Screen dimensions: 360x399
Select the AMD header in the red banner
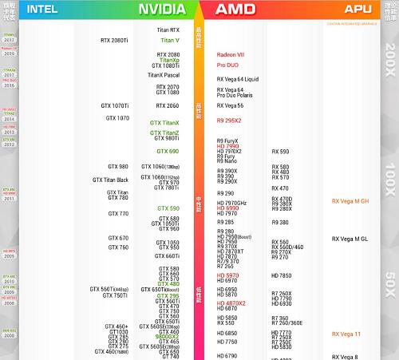235,9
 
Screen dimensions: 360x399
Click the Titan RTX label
168,30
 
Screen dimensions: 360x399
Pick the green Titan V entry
170,39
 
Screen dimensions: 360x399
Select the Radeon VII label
231,54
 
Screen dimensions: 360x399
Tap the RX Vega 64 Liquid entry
238,79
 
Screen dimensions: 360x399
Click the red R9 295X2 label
229,121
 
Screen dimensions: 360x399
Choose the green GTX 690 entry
168,151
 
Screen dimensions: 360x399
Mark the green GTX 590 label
168,208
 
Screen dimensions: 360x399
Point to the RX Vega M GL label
350,239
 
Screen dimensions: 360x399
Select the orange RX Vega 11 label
346,334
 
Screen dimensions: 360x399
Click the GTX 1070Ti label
114,105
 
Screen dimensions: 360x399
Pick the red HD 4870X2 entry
231,303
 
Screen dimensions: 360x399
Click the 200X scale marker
389,59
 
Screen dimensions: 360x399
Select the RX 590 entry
280,151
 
